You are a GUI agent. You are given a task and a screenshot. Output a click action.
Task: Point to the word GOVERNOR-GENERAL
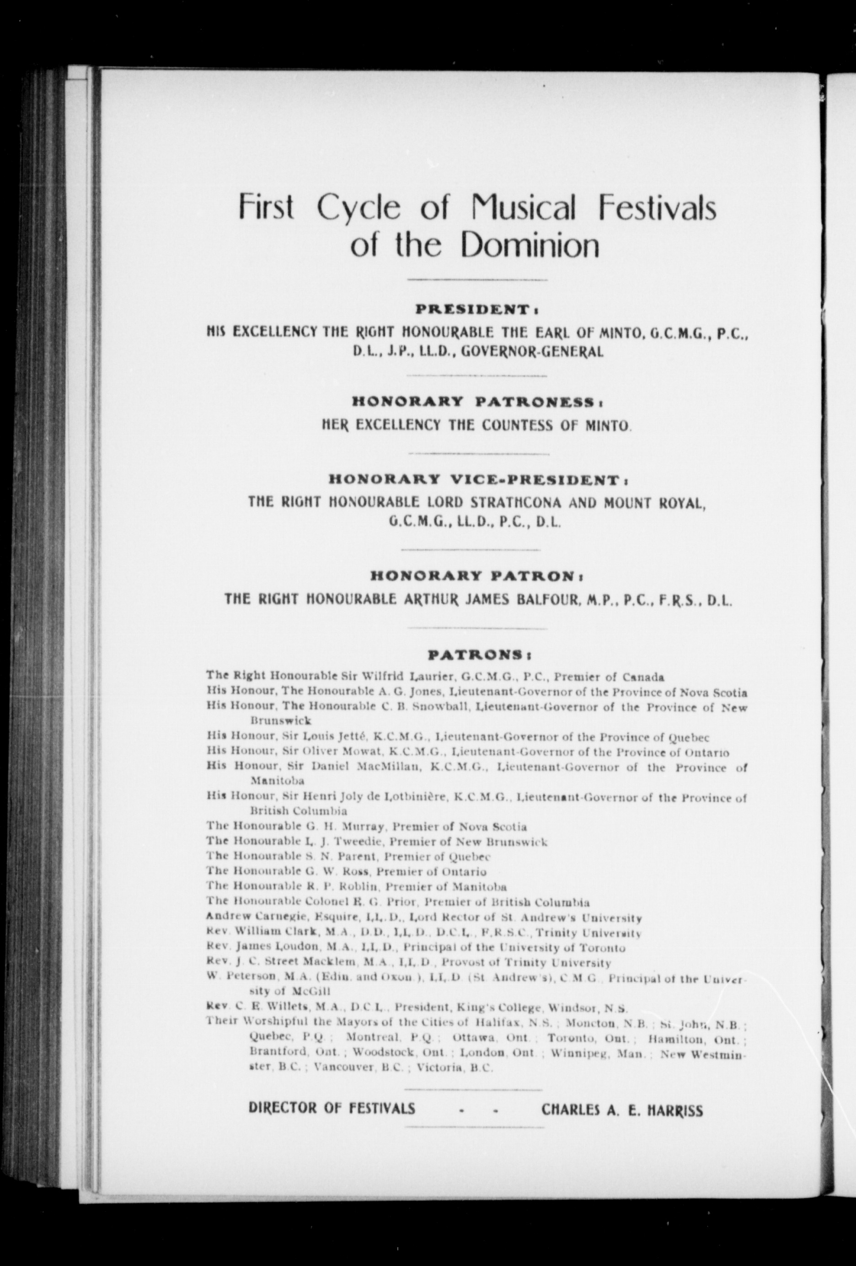coord(532,352)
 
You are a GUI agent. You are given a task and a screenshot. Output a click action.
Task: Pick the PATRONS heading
coord(477,654)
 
